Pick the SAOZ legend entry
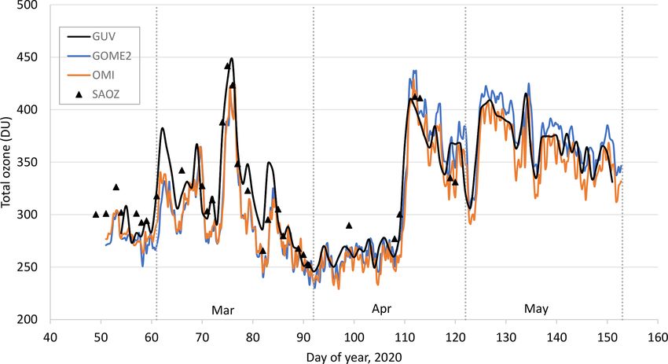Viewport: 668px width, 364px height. click(x=96, y=98)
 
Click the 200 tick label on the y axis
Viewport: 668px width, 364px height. click(x=30, y=320)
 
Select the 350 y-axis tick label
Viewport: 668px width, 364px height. click(x=30, y=163)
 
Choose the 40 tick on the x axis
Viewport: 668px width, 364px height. click(x=50, y=336)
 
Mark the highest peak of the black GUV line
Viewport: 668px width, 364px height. click(x=231, y=59)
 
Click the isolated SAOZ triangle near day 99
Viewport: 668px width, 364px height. click(x=349, y=226)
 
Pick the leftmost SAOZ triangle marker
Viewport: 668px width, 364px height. click(x=96, y=214)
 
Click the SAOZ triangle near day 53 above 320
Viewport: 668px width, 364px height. click(x=116, y=187)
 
